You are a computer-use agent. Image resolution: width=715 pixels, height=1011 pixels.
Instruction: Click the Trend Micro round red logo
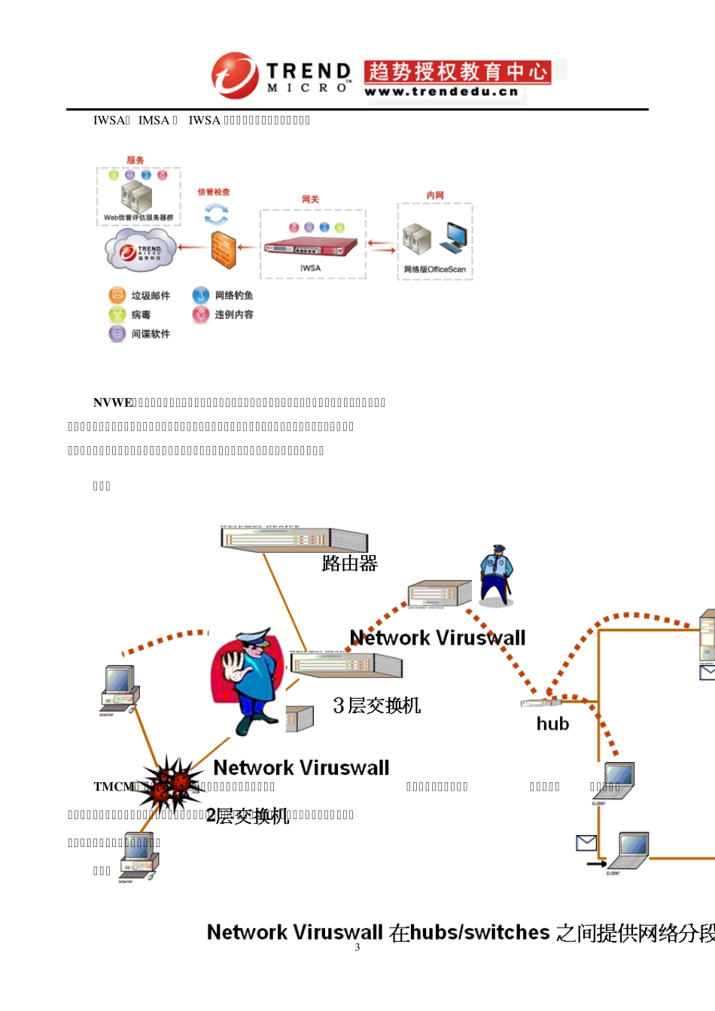(235, 75)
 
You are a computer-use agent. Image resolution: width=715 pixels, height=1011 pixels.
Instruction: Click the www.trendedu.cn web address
(442, 92)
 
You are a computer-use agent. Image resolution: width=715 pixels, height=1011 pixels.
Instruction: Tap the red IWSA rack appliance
(309, 246)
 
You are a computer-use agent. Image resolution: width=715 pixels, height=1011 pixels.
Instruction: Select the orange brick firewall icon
(224, 249)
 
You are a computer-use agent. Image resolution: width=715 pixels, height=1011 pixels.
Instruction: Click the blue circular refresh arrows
(216, 214)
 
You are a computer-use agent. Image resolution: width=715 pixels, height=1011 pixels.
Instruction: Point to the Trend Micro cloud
(141, 250)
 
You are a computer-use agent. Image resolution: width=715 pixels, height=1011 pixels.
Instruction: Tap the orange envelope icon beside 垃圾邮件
(117, 295)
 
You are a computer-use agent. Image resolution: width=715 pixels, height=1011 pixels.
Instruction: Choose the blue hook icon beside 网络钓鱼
(200, 295)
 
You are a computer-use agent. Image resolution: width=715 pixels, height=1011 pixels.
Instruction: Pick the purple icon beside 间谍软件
(117, 333)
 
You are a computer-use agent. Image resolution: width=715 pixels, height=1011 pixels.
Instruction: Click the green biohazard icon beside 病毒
(117, 314)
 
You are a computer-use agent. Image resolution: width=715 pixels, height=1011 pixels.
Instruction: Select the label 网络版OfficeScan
(435, 269)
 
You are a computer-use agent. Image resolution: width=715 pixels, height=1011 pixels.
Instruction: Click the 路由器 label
(349, 563)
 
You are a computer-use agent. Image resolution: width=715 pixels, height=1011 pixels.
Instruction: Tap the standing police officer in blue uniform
(495, 574)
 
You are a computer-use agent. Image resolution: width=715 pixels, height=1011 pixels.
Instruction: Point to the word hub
(552, 724)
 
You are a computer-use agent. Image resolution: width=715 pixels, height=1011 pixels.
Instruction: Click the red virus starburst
(172, 783)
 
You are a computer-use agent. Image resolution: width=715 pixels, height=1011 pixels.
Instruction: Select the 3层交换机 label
(376, 705)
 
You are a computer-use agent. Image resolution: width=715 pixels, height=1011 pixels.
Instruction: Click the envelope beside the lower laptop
(586, 843)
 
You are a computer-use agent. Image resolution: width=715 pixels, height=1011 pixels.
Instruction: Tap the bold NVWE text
(113, 402)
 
